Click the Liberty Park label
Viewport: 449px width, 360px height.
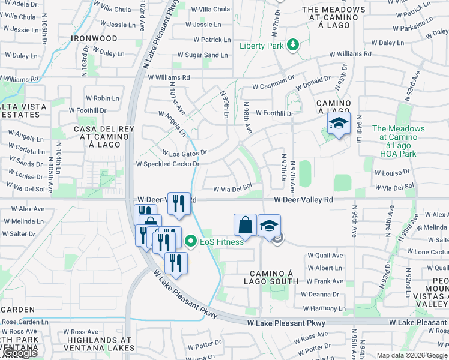click(x=262, y=46)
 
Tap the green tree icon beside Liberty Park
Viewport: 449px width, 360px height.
click(x=293, y=44)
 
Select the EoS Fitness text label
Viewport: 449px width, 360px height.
click(x=222, y=242)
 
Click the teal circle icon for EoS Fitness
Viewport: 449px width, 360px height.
click(x=191, y=242)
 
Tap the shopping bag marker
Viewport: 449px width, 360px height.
click(x=245, y=226)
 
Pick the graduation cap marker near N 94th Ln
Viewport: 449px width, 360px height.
click(x=339, y=124)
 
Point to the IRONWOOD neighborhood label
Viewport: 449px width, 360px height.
click(x=94, y=38)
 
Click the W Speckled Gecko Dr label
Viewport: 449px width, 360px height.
click(x=167, y=164)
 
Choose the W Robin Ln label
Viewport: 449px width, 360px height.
click(x=103, y=98)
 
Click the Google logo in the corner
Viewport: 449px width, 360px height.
click(x=19, y=353)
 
